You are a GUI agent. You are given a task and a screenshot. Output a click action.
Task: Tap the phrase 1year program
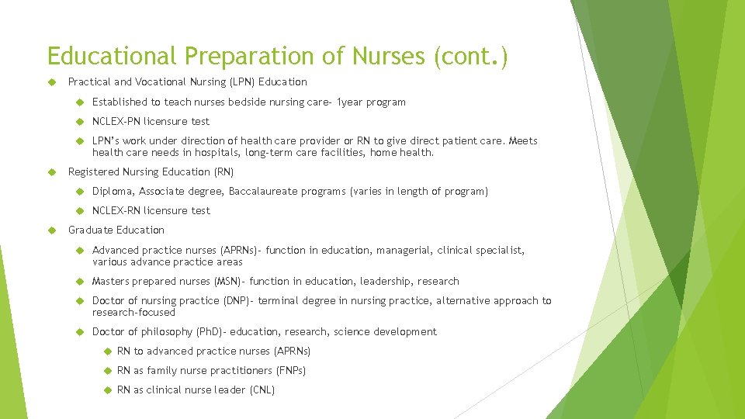point(371,102)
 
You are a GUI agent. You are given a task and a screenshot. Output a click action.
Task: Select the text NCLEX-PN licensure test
point(151,121)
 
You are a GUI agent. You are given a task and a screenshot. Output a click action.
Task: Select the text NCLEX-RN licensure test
point(151,210)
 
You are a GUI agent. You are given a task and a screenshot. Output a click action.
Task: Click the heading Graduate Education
point(116,230)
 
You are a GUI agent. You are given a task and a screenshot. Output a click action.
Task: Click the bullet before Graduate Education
point(50,230)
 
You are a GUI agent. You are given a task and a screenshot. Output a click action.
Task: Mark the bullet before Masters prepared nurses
point(79,281)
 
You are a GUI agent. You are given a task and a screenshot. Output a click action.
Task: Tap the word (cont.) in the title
point(473,56)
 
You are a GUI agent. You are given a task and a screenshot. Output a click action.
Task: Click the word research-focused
point(133,312)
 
